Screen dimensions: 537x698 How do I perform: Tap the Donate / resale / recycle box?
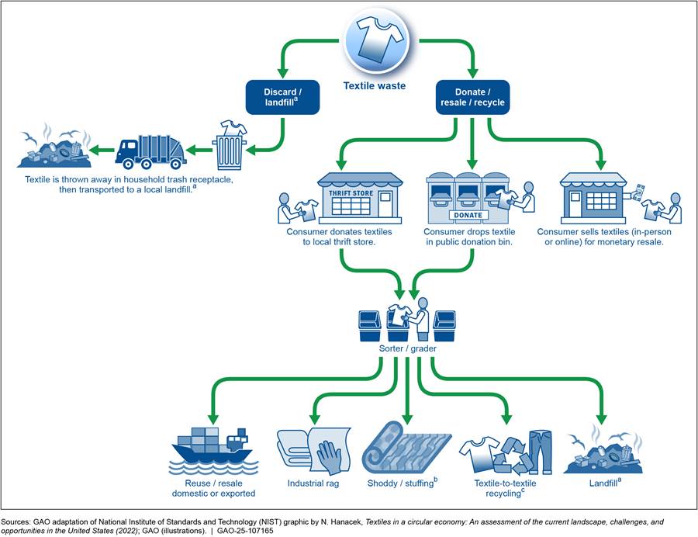472,97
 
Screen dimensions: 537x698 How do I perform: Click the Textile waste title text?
375,85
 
